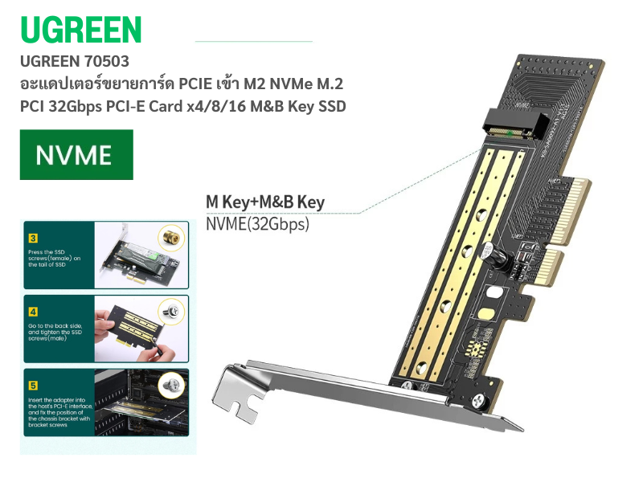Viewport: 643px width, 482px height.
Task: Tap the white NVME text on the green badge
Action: [x=77, y=154]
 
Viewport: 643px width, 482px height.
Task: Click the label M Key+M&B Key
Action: [x=265, y=202]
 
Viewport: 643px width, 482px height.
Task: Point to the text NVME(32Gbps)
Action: [x=257, y=224]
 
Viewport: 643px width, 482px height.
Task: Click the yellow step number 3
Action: [x=33, y=238]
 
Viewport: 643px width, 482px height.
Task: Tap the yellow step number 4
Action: [x=33, y=310]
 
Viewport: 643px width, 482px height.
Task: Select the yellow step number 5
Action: [x=33, y=384]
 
